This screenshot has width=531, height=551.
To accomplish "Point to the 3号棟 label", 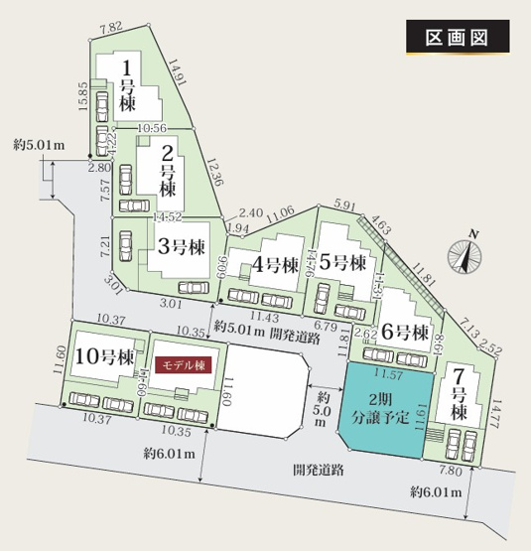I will click(x=181, y=245).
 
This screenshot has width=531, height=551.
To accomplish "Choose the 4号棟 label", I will click(x=276, y=265).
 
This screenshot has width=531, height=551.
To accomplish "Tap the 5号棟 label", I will click(x=347, y=264).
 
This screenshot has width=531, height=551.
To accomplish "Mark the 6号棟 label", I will click(x=405, y=331).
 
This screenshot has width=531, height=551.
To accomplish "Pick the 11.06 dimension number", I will click(x=281, y=210).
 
